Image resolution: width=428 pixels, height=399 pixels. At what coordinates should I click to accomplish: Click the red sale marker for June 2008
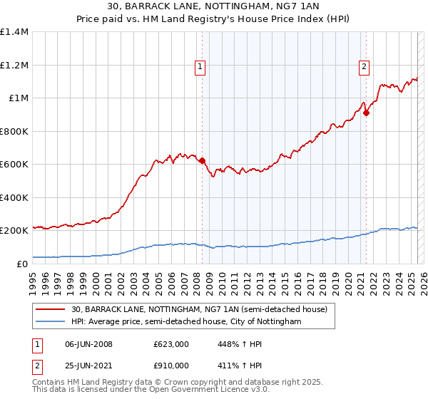202,161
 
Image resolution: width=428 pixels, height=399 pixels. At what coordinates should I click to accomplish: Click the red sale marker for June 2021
366,113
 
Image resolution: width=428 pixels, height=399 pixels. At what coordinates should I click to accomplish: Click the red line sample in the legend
50,309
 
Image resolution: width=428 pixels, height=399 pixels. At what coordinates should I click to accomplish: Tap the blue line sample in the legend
50,322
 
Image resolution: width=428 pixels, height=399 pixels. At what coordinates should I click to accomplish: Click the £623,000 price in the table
171,344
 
